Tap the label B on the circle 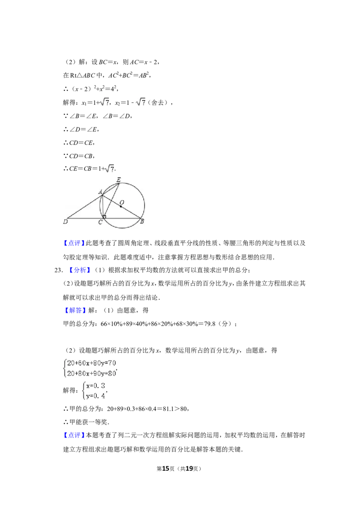tap(142, 222)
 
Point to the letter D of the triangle tap(65, 222)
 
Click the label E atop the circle tap(118, 180)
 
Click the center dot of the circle tap(121, 206)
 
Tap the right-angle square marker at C tap(104, 217)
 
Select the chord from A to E tap(111, 189)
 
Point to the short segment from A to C tap(103, 206)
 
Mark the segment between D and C tap(85, 219)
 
